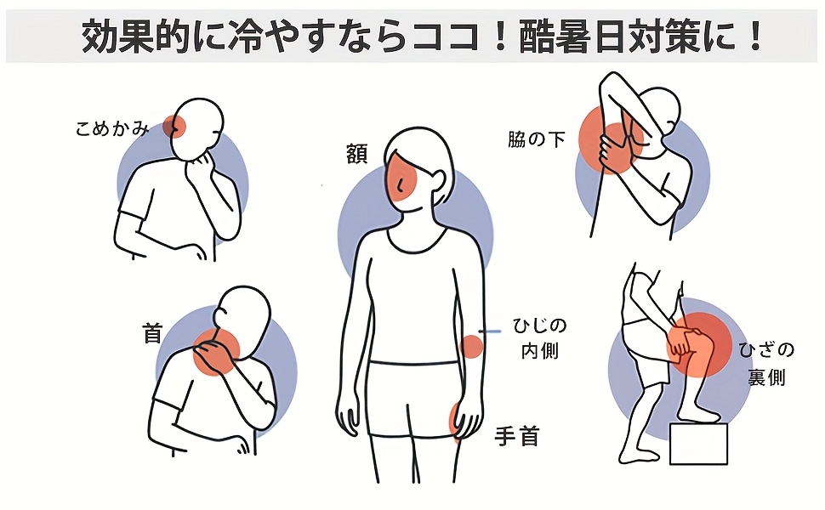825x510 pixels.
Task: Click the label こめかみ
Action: [x=112, y=128]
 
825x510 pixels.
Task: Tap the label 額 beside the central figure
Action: [x=356, y=154]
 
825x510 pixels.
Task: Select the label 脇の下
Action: [x=536, y=139]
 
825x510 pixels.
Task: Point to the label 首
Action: [x=152, y=333]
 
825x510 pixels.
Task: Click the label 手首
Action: [x=517, y=436]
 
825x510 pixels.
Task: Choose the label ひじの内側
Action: [x=540, y=338]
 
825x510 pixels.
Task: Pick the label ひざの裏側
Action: [x=766, y=363]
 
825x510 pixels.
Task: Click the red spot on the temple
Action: [x=174, y=126]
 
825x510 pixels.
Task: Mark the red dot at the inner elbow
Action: [x=471, y=347]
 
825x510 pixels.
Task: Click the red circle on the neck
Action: [x=216, y=352]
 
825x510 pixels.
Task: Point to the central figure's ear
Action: [x=438, y=180]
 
